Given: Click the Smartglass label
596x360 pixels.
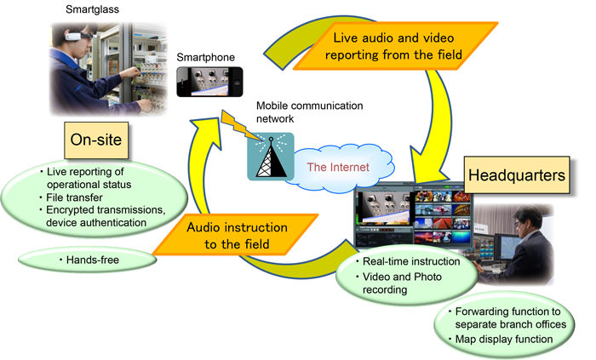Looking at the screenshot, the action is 92,9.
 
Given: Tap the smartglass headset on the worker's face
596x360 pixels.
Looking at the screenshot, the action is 78,37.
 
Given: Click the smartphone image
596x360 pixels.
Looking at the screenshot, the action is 209,82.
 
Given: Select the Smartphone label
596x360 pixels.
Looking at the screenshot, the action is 206,57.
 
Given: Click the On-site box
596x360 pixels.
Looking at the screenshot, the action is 96,140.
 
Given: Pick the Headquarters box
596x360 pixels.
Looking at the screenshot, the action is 517,175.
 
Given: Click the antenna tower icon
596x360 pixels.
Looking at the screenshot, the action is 271,157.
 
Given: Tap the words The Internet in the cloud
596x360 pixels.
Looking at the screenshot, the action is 338,167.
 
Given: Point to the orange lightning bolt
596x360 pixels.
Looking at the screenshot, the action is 240,126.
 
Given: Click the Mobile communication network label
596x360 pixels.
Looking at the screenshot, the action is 309,112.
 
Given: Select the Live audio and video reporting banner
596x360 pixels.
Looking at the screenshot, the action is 395,46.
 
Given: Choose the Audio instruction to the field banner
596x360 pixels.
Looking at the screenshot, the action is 237,235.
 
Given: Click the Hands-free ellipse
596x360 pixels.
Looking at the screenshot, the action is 87,260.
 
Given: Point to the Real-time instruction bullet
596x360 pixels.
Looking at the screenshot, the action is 408,261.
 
